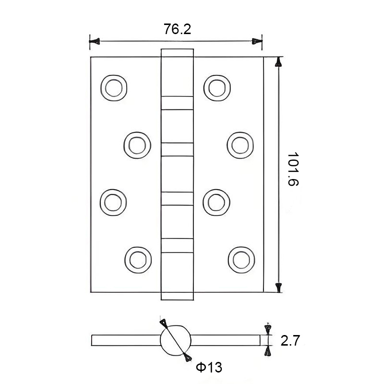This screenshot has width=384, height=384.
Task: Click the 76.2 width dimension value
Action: point(178,29)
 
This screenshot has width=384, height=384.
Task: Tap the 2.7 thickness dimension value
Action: point(290,341)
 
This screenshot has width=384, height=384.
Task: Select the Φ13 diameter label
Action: point(209,368)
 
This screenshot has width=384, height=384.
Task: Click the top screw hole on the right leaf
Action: point(216,87)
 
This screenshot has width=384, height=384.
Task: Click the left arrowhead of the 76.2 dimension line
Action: point(95,42)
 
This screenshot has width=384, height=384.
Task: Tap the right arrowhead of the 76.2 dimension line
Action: point(258,42)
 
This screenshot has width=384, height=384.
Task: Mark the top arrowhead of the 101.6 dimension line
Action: point(278,62)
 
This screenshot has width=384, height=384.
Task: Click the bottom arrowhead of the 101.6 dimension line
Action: point(278,287)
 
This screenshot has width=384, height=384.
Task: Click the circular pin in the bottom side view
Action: point(175,339)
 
